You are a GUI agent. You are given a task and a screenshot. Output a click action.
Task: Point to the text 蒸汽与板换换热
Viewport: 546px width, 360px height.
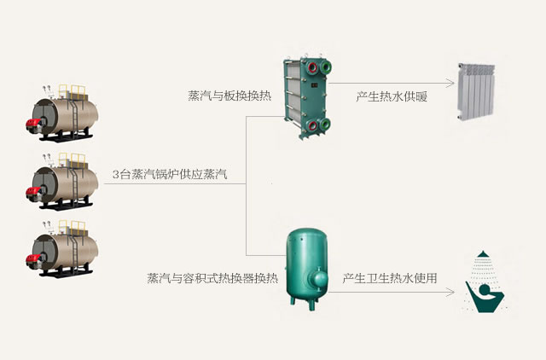point(225,96)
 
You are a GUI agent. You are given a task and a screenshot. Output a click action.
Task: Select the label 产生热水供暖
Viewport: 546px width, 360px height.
point(392,96)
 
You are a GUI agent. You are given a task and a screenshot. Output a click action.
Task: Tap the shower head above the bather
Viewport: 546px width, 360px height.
point(484,256)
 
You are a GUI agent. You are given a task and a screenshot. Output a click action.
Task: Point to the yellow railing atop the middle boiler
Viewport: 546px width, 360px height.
point(76,159)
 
